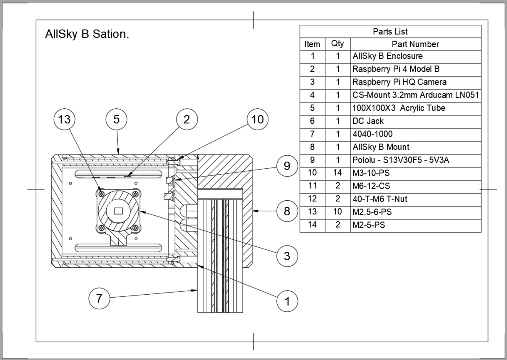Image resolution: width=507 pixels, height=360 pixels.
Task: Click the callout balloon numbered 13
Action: (x=64, y=119)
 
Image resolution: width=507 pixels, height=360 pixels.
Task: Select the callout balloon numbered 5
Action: (x=116, y=119)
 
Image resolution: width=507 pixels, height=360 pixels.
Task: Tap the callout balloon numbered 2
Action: (x=187, y=119)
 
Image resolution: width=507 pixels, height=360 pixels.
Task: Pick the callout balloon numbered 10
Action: (x=258, y=119)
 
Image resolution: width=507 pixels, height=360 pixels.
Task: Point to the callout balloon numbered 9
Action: (x=287, y=166)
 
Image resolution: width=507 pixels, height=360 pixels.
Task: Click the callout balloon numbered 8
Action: (x=287, y=211)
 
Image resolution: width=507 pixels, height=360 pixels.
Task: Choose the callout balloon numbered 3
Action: (x=287, y=256)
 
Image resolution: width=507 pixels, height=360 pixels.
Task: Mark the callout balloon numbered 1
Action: (x=287, y=301)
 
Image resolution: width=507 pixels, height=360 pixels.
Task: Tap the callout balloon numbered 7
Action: (x=99, y=298)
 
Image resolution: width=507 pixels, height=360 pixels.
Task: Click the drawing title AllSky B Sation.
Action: (x=87, y=34)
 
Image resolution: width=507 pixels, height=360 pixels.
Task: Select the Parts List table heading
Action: (x=390, y=32)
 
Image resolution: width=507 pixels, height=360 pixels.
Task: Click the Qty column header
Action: (x=337, y=44)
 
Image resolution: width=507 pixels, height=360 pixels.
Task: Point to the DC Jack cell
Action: (x=368, y=121)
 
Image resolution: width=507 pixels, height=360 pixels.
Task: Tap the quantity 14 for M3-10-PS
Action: (x=337, y=173)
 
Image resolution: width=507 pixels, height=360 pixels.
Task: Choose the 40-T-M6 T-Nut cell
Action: (x=380, y=199)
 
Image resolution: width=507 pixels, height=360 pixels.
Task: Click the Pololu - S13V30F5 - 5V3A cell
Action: (x=400, y=160)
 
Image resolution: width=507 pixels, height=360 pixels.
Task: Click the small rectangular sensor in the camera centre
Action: (x=118, y=211)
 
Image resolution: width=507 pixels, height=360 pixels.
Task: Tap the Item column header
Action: (x=312, y=44)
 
